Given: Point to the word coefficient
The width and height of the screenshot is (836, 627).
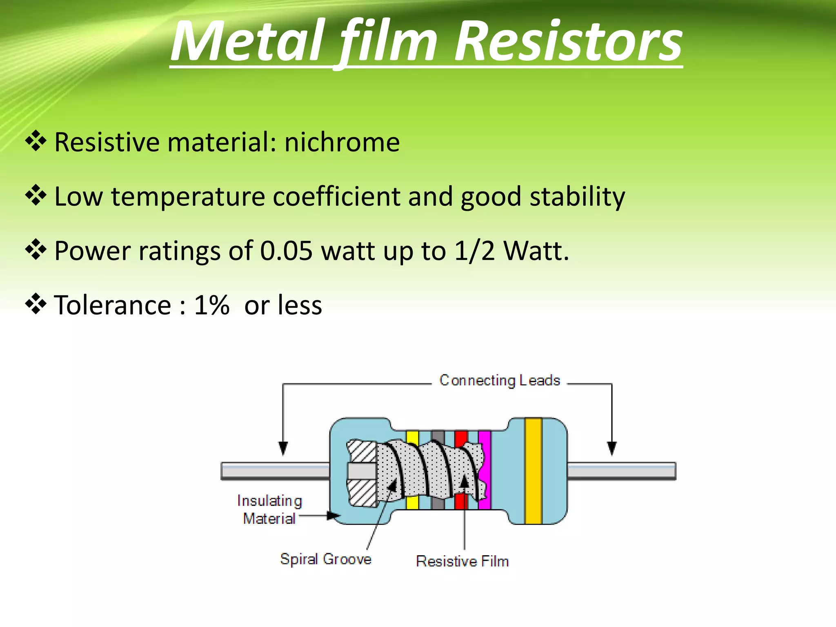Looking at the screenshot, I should pyautogui.click(x=336, y=196).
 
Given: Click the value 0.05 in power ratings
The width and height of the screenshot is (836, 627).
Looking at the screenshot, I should pyautogui.click(x=286, y=251).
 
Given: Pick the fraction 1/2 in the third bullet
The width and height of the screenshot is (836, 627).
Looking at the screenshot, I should pyautogui.click(x=474, y=251).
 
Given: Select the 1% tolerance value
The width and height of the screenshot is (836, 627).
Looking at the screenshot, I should pyautogui.click(x=211, y=305).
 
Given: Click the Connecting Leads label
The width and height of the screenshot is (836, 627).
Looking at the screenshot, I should pyautogui.click(x=499, y=380).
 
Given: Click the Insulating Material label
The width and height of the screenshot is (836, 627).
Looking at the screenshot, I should pyautogui.click(x=269, y=509).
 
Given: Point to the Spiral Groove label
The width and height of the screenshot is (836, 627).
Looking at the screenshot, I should pyautogui.click(x=326, y=559).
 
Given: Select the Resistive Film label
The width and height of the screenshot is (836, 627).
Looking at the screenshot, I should pyautogui.click(x=462, y=561).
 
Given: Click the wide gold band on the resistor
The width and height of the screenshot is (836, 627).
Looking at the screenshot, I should pyautogui.click(x=533, y=471).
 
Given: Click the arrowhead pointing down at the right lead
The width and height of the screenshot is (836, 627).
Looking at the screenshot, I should pyautogui.click(x=611, y=448).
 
